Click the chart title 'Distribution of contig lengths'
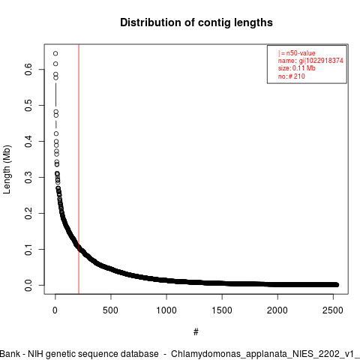pos(196,22)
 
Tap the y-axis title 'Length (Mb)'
pos(7,169)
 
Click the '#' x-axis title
pos(196,332)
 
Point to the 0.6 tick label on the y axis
pos(28,69)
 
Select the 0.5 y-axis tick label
pos(28,105)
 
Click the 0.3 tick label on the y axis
pos(28,177)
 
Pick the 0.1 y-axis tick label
pos(28,249)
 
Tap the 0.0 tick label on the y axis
pos(28,285)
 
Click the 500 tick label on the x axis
pos(110,310)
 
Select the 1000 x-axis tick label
pos(166,310)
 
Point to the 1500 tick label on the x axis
pos(222,310)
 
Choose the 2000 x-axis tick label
pos(277,310)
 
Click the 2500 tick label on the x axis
pos(333,310)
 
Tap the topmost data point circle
pos(55,53)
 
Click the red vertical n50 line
pos(79,169)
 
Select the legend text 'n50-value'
pos(301,53)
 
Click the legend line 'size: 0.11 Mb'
pos(297,68)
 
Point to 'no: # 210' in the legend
pos(292,76)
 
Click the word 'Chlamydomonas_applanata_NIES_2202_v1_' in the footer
pos(265,354)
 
